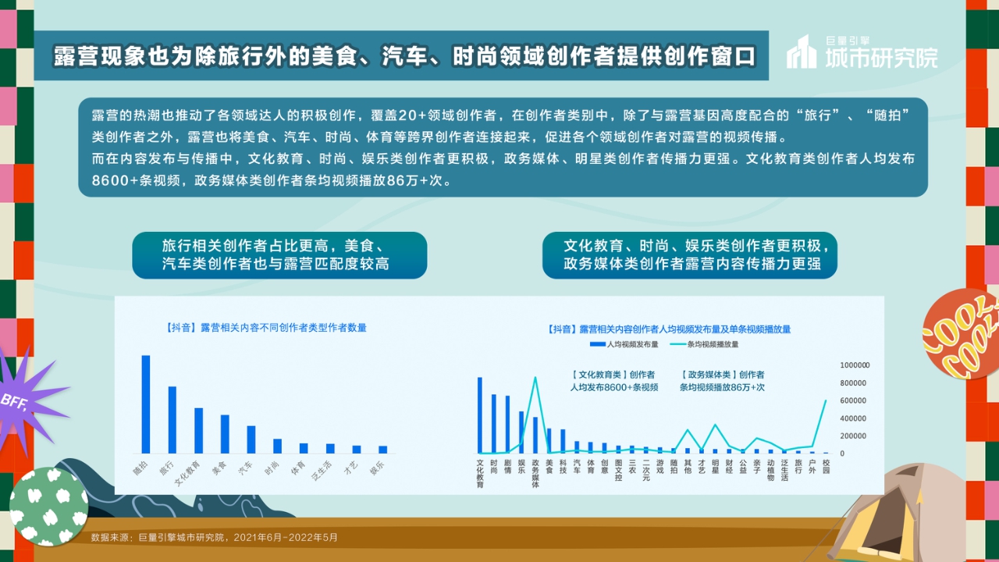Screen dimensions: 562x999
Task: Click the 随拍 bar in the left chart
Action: [145, 404]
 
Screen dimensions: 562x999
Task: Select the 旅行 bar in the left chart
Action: [172, 420]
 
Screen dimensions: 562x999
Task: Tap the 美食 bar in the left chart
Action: [225, 434]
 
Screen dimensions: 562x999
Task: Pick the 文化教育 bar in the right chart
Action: [480, 415]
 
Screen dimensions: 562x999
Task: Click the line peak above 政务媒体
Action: [535, 378]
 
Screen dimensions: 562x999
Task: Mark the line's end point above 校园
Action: [826, 400]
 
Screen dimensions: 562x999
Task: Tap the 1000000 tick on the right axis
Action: [855, 365]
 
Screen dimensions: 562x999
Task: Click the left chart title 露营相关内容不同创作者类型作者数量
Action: [266, 328]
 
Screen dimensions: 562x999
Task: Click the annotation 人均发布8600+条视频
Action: [613, 387]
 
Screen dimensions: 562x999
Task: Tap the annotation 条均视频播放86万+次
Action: [722, 387]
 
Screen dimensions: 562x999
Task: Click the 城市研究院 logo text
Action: [882, 57]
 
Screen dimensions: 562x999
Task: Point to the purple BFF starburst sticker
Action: [27, 400]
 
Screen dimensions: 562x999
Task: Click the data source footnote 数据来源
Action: [215, 538]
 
